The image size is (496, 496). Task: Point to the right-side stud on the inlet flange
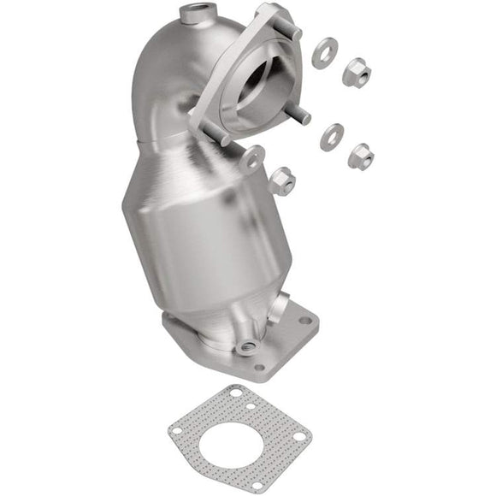pos(303,119)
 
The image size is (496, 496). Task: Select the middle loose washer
pos(332,136)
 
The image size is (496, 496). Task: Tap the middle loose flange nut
pos(361,155)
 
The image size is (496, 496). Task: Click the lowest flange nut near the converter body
pos(281,180)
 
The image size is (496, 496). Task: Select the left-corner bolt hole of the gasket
pos(177,430)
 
